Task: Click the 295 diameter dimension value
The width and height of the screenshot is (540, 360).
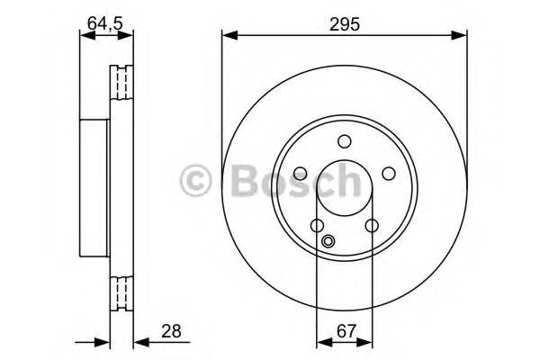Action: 344,24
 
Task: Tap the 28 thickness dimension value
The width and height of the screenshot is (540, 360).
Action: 171,331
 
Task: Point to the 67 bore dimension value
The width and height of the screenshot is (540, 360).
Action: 343,331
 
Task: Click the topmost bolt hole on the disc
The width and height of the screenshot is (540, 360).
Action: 344,141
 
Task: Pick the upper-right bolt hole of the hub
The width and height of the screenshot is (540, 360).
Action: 388,174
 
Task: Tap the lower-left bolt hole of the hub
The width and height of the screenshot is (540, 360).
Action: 317,226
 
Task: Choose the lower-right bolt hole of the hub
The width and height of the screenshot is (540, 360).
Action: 371,226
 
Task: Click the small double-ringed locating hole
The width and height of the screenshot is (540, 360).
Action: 328,240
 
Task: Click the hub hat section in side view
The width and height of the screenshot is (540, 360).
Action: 94,188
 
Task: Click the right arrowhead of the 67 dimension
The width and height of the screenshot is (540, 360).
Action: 365,342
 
